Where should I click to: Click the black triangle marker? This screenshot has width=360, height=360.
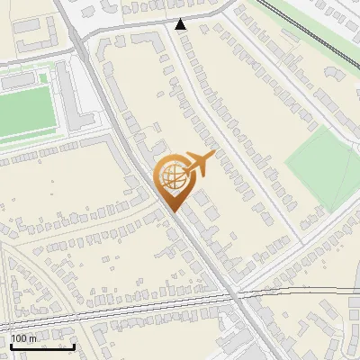181,24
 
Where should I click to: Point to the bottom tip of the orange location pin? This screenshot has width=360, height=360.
174,211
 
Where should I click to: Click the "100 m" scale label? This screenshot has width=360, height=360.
23,338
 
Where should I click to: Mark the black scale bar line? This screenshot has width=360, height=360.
42,346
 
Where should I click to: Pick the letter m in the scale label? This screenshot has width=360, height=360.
33,338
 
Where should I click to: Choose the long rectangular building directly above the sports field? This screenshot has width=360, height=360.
22,80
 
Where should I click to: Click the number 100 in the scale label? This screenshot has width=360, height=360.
19,338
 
